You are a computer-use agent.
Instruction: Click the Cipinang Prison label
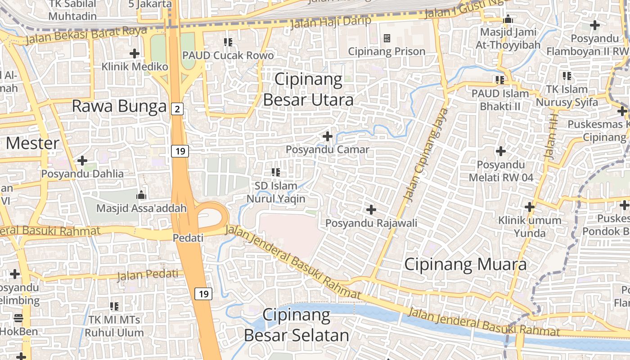tap(387, 51)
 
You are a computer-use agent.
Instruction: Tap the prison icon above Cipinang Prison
tap(387, 38)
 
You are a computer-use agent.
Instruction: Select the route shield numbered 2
tap(177, 108)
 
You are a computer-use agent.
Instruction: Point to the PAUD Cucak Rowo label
tap(228, 55)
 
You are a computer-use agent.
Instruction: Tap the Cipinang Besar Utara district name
tap(308, 90)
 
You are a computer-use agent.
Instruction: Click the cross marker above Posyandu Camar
tap(328, 136)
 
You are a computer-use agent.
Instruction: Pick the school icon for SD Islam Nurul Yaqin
tap(276, 172)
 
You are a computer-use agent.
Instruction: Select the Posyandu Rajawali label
tap(371, 223)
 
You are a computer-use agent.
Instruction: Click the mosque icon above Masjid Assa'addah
tap(141, 195)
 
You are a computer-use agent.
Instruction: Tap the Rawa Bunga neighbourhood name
tap(119, 107)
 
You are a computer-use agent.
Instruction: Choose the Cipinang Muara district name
tap(465, 264)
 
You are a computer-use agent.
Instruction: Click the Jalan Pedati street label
tap(148, 274)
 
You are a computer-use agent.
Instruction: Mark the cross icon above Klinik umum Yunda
tap(530, 207)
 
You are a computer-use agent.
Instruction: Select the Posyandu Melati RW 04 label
tap(501, 171)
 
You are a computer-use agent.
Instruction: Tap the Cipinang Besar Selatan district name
tap(297, 325)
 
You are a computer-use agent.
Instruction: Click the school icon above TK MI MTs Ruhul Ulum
tap(114, 306)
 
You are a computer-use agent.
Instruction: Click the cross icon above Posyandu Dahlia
tap(82, 160)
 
